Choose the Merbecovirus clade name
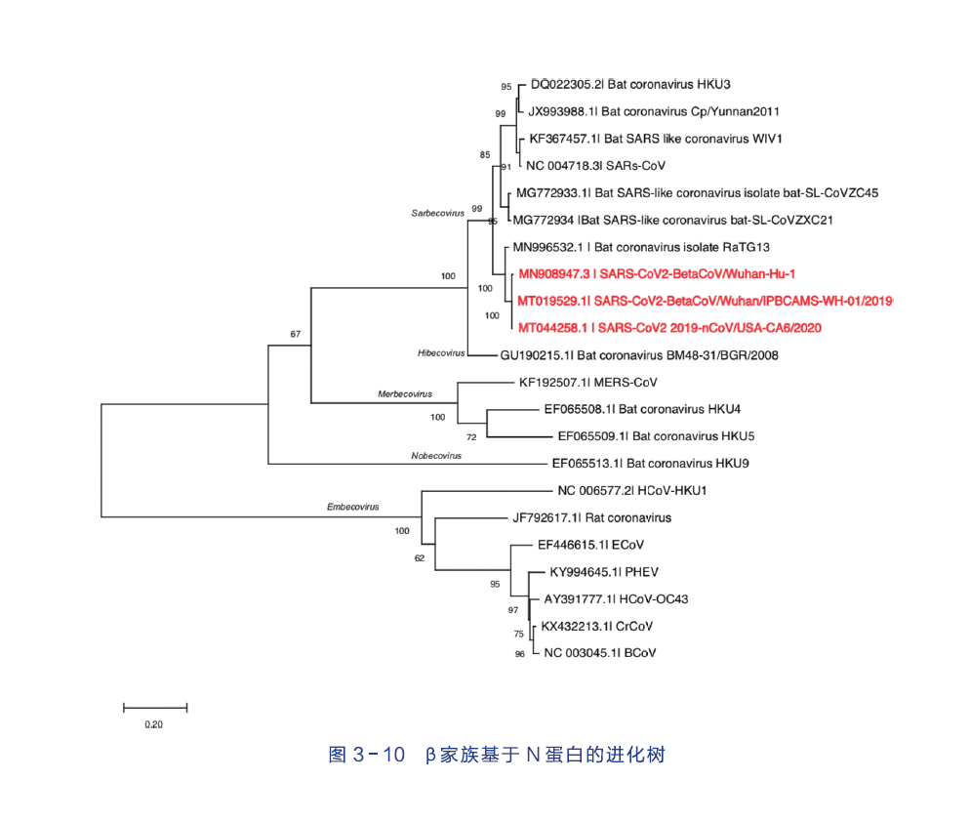[404, 394]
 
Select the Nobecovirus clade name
[436, 456]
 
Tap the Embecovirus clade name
[353, 508]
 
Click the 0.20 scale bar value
[154, 724]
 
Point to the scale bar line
[154, 706]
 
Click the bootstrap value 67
[295, 334]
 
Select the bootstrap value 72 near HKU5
[471, 437]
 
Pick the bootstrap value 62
[420, 558]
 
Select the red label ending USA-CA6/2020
[668, 328]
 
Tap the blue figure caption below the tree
[498, 755]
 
